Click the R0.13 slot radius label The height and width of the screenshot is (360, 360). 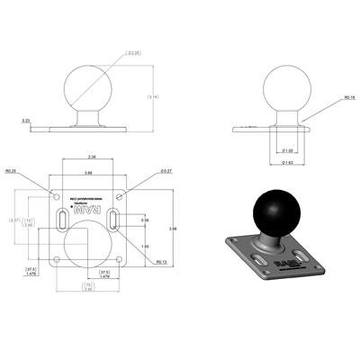[x=161, y=263]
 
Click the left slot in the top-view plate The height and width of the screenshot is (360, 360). [x=60, y=221]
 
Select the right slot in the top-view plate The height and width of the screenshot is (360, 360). [x=115, y=221]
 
